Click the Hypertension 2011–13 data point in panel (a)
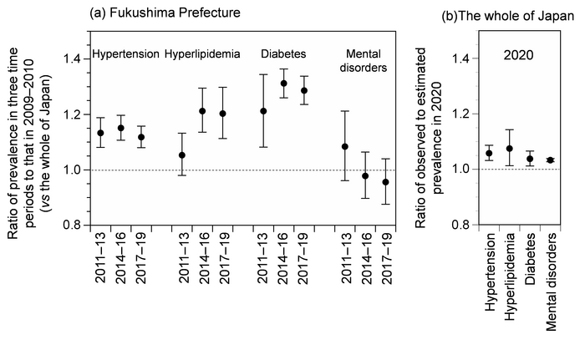pos(100,133)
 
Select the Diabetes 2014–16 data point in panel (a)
pos(283,84)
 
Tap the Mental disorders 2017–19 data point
pos(385,182)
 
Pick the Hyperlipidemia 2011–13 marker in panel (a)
pos(182,155)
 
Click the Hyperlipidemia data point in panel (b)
pos(509,149)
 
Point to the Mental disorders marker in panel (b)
pos(550,160)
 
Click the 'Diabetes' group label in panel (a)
pos(283,54)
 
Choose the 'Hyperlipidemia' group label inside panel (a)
pos(202,54)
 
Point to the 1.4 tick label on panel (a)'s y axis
pos(69,59)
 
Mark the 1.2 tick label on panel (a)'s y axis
pos(69,114)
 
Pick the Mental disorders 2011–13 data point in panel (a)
pos(345,146)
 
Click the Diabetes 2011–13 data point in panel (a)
pos(263,110)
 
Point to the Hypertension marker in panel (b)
pos(489,153)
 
